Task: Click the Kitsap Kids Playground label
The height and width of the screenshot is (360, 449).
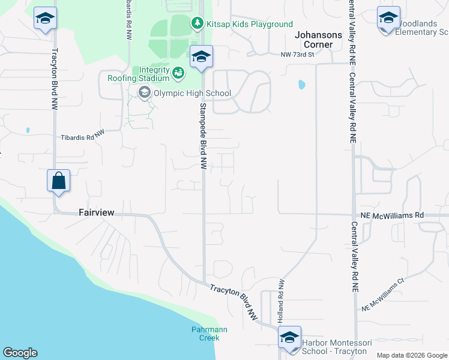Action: pos(249,24)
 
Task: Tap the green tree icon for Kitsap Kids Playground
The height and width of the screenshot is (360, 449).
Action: pos(197,23)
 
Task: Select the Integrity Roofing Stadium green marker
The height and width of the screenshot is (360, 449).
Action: pos(178,73)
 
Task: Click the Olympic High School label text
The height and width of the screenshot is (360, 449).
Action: pos(192,93)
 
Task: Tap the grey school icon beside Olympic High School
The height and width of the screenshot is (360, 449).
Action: pos(144,92)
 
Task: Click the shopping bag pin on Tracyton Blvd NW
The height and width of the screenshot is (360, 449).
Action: pos(59,181)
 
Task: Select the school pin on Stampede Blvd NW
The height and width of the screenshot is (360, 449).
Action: pos(202,58)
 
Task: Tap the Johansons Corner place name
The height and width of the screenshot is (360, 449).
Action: pos(318,40)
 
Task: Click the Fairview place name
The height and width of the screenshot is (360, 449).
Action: pos(96,212)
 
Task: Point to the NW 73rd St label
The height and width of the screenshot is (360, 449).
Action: pos(298,55)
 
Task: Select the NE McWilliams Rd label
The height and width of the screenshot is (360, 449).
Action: pos(392,215)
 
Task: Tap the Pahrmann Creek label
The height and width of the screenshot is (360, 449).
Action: pos(205,334)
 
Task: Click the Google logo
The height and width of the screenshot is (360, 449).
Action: pos(20,353)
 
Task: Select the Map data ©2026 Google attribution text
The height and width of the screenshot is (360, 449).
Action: pos(412,355)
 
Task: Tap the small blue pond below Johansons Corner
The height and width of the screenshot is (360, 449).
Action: pos(301,85)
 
